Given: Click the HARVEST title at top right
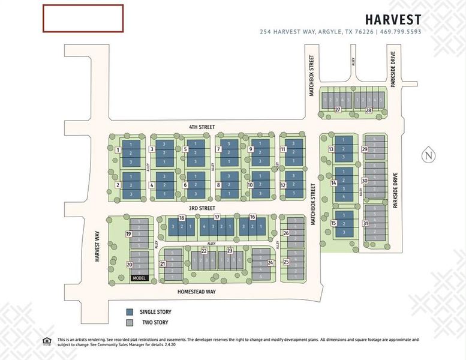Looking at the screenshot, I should [394, 20].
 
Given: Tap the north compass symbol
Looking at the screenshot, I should [428, 155].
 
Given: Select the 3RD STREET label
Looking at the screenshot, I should [202, 208].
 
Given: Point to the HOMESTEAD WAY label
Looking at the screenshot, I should [196, 292].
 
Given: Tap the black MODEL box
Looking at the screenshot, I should [139, 278].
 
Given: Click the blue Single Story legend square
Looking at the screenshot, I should [129, 312].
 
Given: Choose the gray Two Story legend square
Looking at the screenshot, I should [129, 322].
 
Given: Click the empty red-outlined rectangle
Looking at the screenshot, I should [83, 18].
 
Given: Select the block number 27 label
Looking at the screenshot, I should [338, 110].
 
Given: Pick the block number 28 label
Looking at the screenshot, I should [368, 110].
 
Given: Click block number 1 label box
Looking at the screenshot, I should [119, 149].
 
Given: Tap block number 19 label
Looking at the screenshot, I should [128, 233].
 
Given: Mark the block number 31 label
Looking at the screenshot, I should [365, 223].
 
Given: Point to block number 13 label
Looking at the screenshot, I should [330, 149].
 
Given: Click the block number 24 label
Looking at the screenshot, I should [270, 262].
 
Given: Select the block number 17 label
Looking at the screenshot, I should [217, 217].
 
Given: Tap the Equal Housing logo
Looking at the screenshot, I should [47, 341].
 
